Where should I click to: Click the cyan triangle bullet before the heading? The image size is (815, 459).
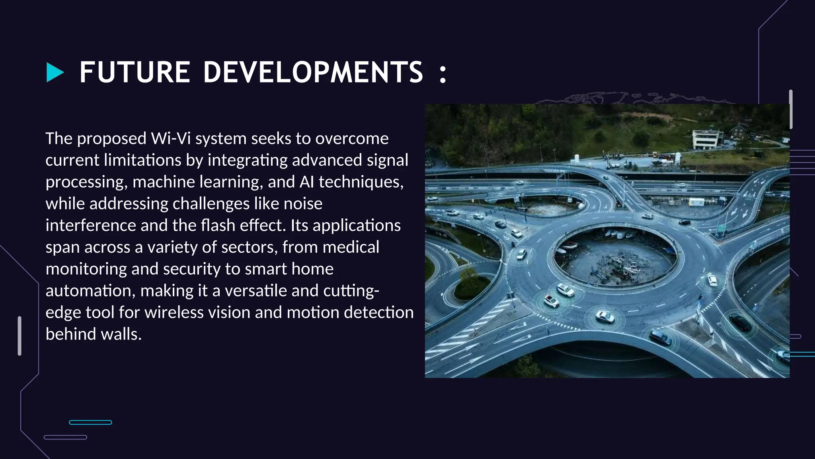click(55, 73)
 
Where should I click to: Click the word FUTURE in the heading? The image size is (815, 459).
click(135, 73)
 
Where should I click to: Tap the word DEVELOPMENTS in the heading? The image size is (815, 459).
click(313, 73)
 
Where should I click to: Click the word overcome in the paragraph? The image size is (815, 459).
click(352, 139)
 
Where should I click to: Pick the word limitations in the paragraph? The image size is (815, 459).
click(142, 160)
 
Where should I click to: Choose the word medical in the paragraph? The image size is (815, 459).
click(351, 247)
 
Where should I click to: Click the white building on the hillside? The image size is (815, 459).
click(707, 140)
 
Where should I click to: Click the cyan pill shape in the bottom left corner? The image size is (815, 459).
click(90, 422)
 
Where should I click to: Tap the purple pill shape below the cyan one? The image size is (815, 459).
click(65, 437)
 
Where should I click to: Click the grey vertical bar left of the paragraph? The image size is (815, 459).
click(19, 335)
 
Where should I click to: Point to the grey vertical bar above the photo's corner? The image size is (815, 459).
click(791, 109)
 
